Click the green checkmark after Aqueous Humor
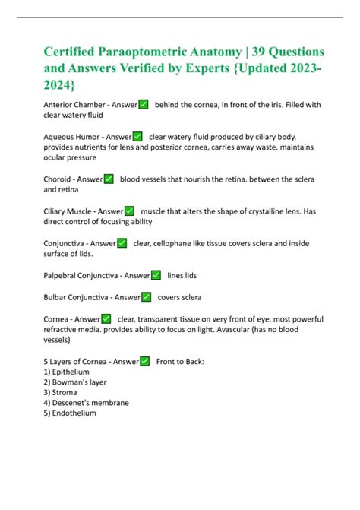137,136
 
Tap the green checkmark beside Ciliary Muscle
129,211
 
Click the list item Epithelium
71,372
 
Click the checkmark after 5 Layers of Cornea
144,361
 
